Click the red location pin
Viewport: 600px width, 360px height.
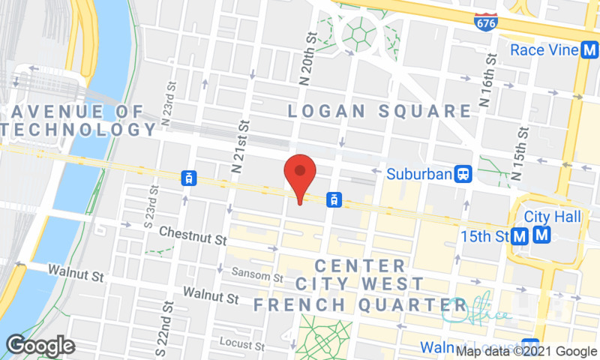tap(299, 174)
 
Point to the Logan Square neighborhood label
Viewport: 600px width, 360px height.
tap(380, 112)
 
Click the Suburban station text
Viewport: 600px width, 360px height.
tap(419, 175)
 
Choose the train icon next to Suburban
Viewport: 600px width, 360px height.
tap(464, 175)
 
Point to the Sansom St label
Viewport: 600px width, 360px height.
tap(256, 276)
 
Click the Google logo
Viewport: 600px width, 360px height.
tap(40, 346)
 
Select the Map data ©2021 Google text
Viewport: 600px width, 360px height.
tap(526, 351)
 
